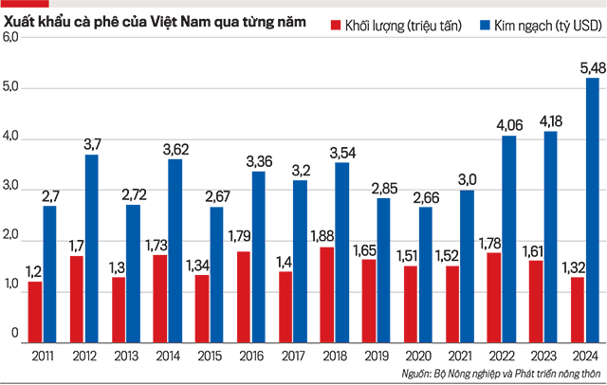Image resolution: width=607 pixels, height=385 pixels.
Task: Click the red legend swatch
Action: click(x=331, y=24)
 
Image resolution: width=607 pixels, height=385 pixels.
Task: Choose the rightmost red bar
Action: click(x=575, y=308)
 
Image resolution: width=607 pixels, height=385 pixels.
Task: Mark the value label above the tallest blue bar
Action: click(x=582, y=64)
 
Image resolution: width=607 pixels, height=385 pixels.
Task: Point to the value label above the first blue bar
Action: click(x=47, y=198)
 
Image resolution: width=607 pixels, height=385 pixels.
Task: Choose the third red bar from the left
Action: click(x=116, y=308)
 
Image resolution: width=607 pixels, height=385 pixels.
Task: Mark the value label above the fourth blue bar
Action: click(x=175, y=150)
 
